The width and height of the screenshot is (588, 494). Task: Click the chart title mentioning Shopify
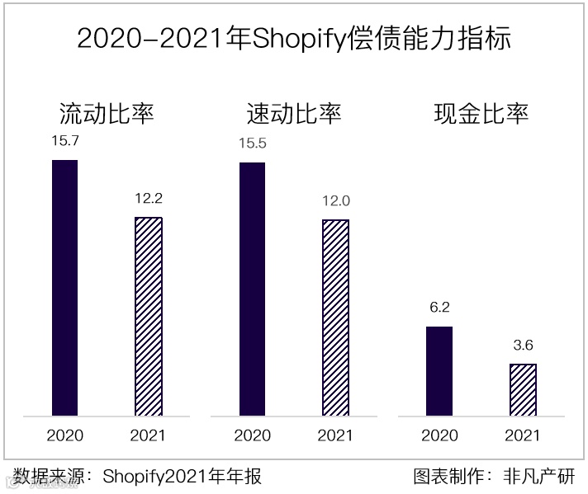pos(293,39)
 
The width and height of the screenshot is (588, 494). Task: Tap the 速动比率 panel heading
pos(293,113)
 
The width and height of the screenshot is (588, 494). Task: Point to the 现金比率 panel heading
pos(481,113)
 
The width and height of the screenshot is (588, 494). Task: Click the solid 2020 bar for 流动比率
pos(64,288)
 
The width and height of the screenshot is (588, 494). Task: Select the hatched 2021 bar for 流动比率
pos(149,317)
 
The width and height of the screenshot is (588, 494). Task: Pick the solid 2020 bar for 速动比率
pos(252,289)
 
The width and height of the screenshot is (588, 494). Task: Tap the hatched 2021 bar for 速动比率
pos(335,318)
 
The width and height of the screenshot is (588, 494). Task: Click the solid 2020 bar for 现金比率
pos(439,371)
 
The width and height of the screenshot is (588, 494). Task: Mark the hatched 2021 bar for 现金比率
pos(523,390)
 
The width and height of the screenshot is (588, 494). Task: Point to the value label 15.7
pos(64,141)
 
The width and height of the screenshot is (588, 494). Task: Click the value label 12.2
pos(149,198)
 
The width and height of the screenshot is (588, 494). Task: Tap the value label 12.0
pos(335,200)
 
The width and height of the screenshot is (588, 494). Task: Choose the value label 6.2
pos(439,308)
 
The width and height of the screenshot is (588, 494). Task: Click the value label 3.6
pos(523,346)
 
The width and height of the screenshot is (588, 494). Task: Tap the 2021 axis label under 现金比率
pos(523,435)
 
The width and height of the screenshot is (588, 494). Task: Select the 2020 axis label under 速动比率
pos(252,435)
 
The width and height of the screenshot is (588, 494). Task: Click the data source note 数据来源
pos(137,476)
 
